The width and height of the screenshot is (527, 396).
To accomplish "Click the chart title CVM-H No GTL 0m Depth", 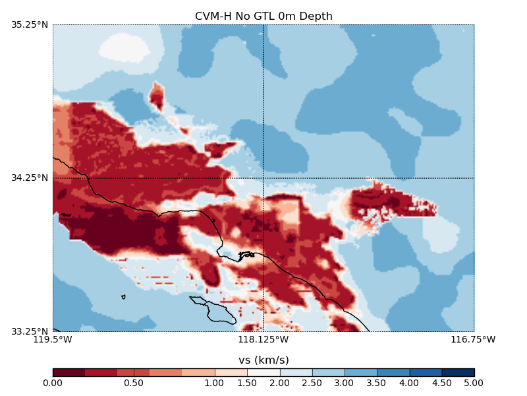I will coord(263,16).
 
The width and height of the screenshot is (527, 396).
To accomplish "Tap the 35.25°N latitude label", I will coord(30,25).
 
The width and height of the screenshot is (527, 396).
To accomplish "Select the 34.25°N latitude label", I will coord(30,178).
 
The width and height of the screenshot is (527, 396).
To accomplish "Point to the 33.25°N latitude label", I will coord(30,331).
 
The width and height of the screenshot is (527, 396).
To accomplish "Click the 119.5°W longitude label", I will coord(53,340).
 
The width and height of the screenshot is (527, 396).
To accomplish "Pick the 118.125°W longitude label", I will coord(263,340).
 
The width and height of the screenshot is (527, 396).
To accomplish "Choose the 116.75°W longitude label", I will coord(474,340).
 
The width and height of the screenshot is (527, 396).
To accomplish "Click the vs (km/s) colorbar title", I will coord(263,360).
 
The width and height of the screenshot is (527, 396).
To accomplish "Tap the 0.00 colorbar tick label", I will coord(53,383).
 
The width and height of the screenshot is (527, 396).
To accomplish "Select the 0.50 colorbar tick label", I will coord(134,383).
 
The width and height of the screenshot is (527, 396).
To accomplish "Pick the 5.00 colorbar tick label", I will coord(474,383).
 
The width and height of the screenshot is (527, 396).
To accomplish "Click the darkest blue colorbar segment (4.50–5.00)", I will coord(458,372).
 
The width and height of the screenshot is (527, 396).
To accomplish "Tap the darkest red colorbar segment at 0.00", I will coord(69,372).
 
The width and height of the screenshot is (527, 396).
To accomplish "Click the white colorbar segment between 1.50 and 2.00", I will coord(263,372).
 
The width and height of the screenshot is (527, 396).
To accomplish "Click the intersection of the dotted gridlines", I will coord(263,178).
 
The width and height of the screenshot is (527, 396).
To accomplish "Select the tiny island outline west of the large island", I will coord(123,297).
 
